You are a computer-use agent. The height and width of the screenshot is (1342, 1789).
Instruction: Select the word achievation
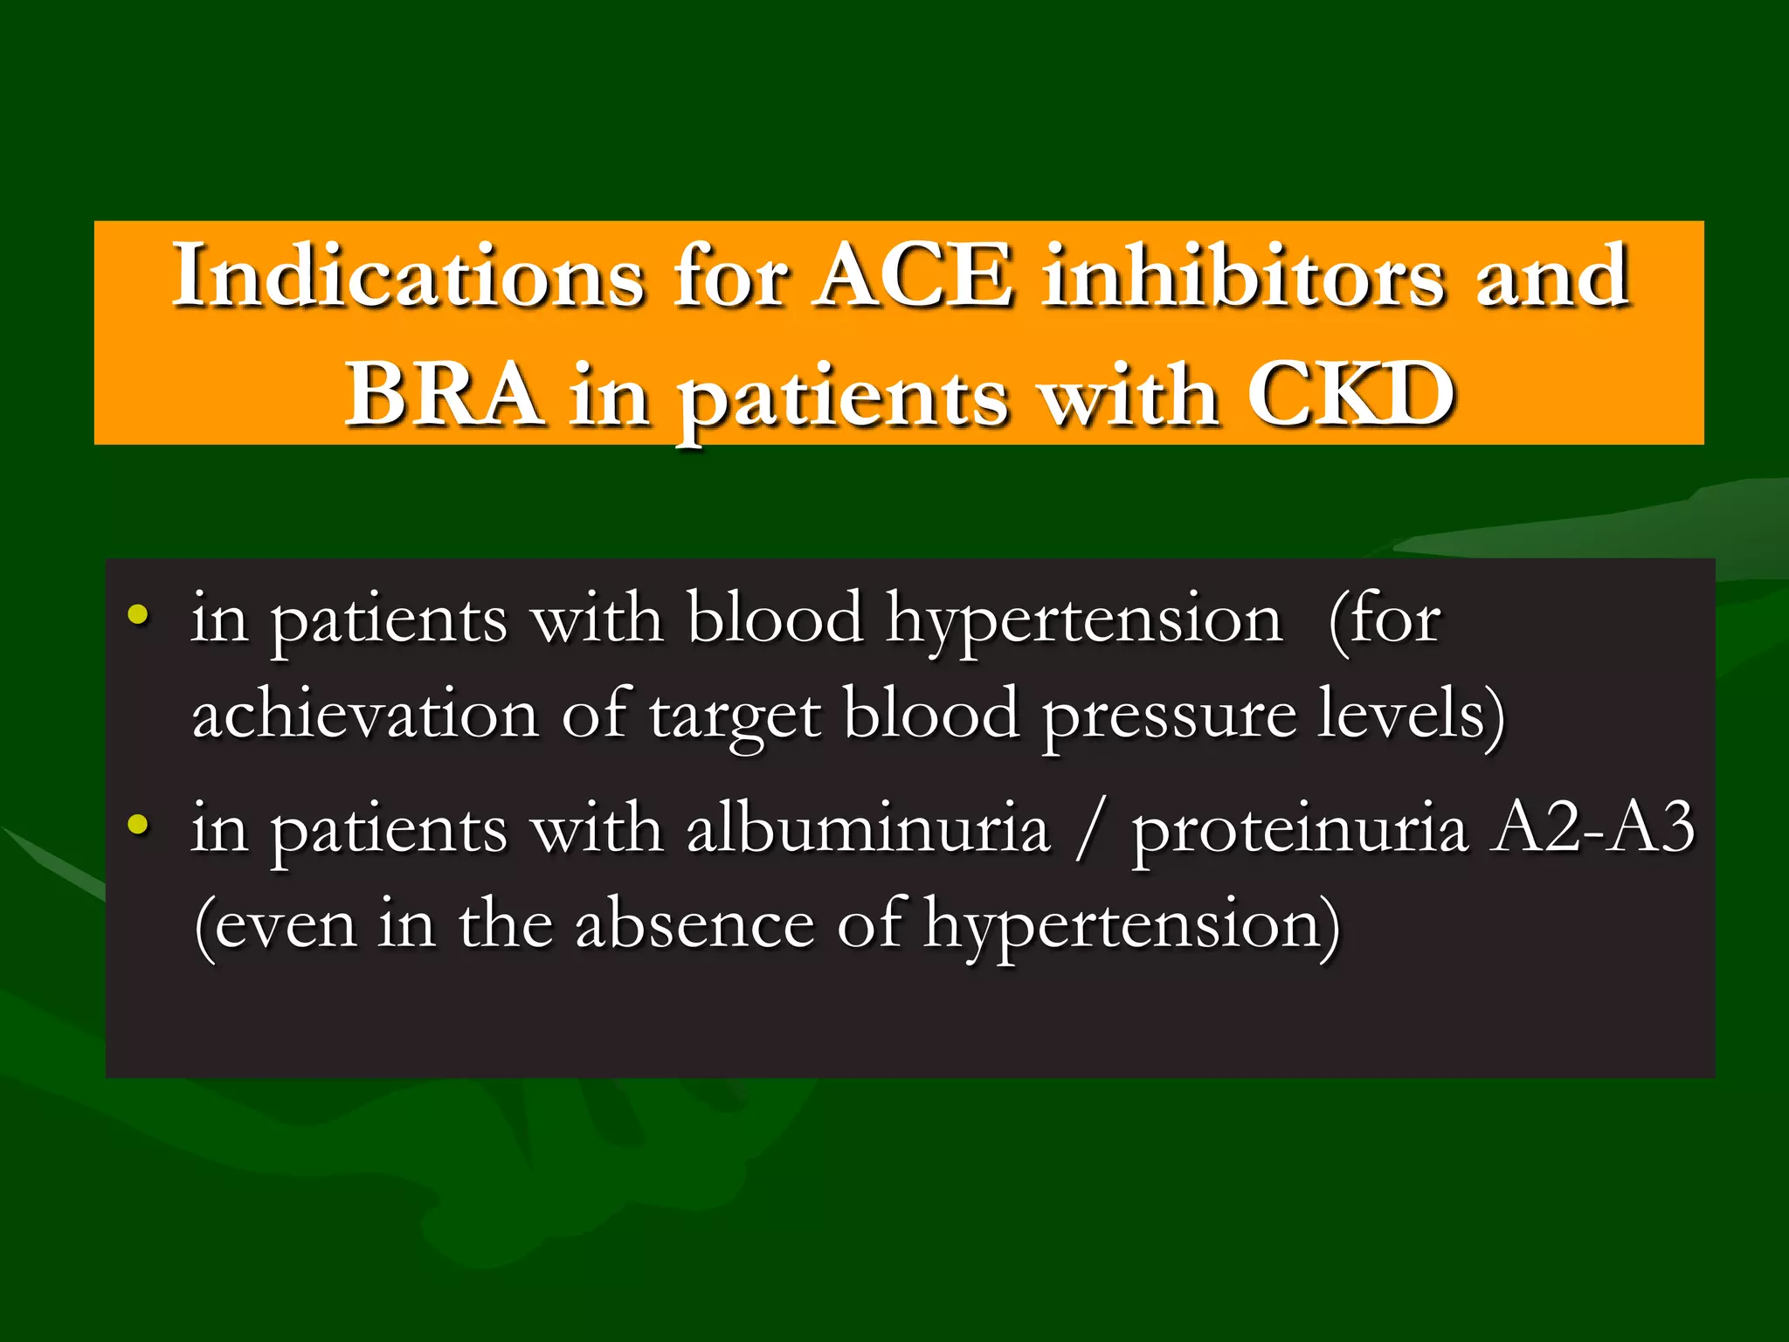(x=364, y=714)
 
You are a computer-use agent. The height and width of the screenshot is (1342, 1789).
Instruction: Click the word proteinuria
(x=1300, y=830)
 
